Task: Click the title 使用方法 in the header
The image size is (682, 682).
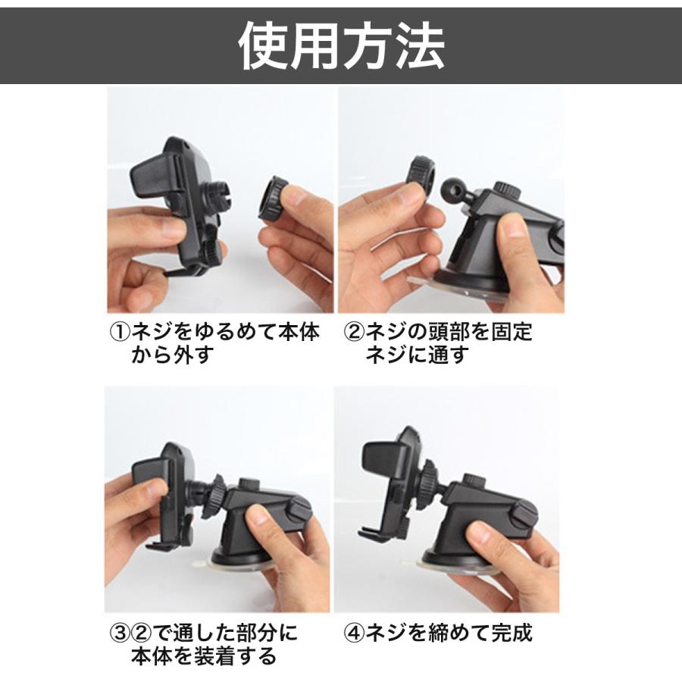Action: [341, 45]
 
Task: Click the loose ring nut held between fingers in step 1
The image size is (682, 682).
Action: [275, 199]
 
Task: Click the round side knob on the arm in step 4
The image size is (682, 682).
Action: [524, 516]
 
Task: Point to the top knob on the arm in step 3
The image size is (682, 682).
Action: [248, 484]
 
